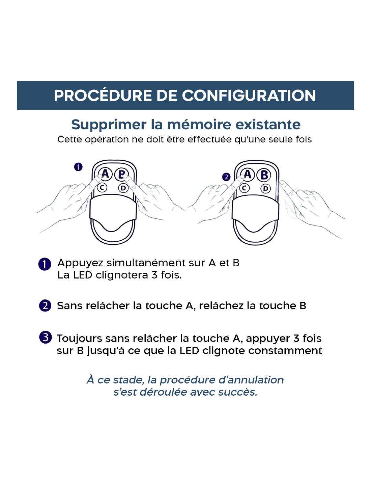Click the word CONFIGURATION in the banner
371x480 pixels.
[x=249, y=96]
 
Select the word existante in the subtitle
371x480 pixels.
[x=268, y=125]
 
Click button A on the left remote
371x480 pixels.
[x=105, y=174]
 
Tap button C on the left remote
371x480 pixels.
[x=102, y=188]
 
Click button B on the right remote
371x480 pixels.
[x=264, y=175]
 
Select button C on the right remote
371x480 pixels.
[x=244, y=188]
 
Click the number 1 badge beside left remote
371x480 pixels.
[x=78, y=167]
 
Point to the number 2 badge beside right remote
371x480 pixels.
[x=226, y=177]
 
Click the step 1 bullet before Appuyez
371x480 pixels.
[x=45, y=264]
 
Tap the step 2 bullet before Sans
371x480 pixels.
[x=45, y=305]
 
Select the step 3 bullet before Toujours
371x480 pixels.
[x=46, y=338]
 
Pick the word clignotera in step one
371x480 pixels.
[x=122, y=275]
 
